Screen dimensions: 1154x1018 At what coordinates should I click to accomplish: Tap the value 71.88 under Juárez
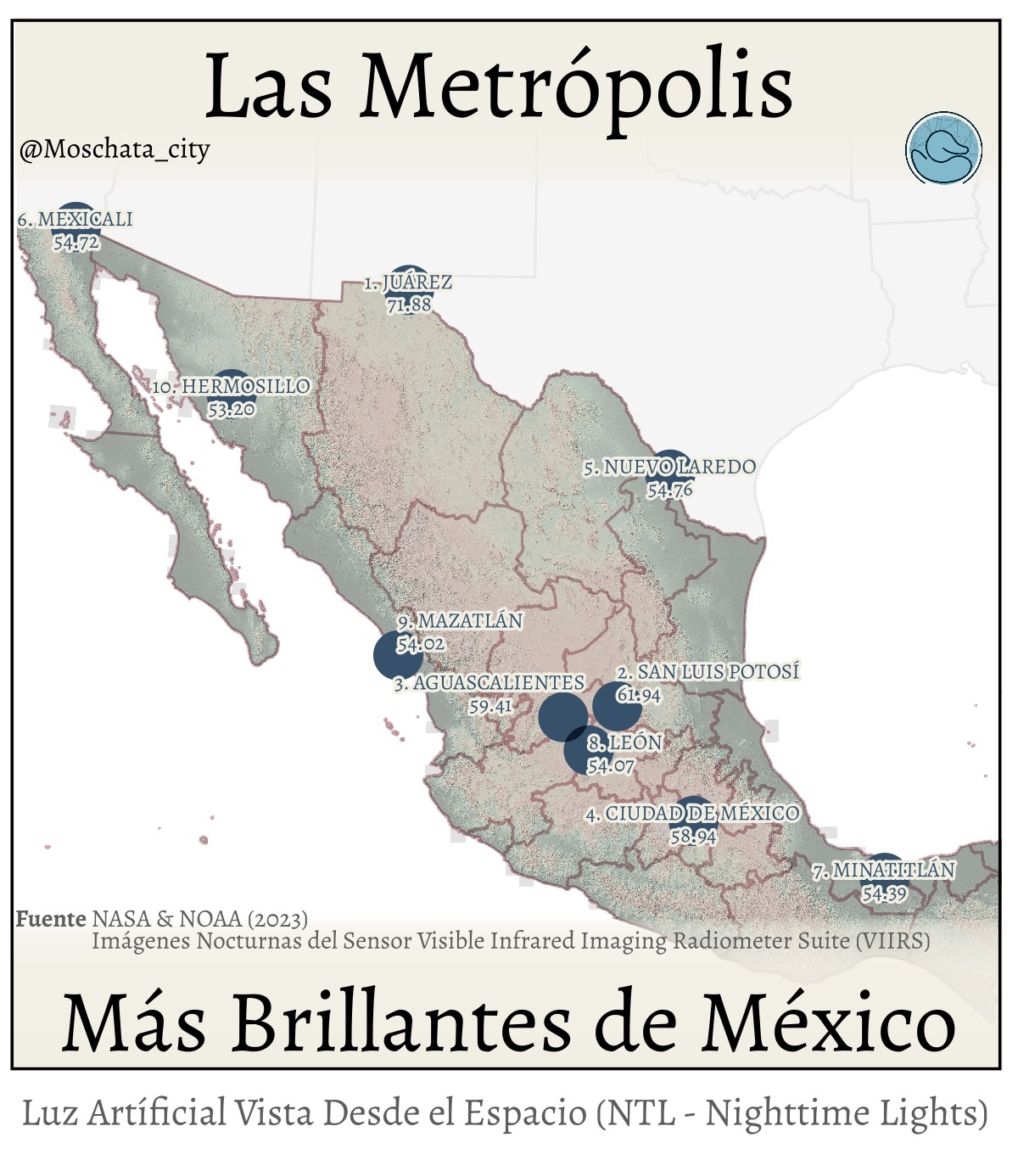409,305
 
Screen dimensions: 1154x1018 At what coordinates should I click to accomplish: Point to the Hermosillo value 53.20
231,409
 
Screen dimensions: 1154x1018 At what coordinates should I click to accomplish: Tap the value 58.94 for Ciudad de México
693,837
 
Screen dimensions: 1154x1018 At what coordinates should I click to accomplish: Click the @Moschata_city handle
115,150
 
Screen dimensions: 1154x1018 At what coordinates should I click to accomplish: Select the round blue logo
943,149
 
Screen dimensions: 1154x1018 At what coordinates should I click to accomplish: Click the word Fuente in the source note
51,919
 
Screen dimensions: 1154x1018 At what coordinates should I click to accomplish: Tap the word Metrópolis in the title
576,85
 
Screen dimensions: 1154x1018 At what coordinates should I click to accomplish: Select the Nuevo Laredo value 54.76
669,490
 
